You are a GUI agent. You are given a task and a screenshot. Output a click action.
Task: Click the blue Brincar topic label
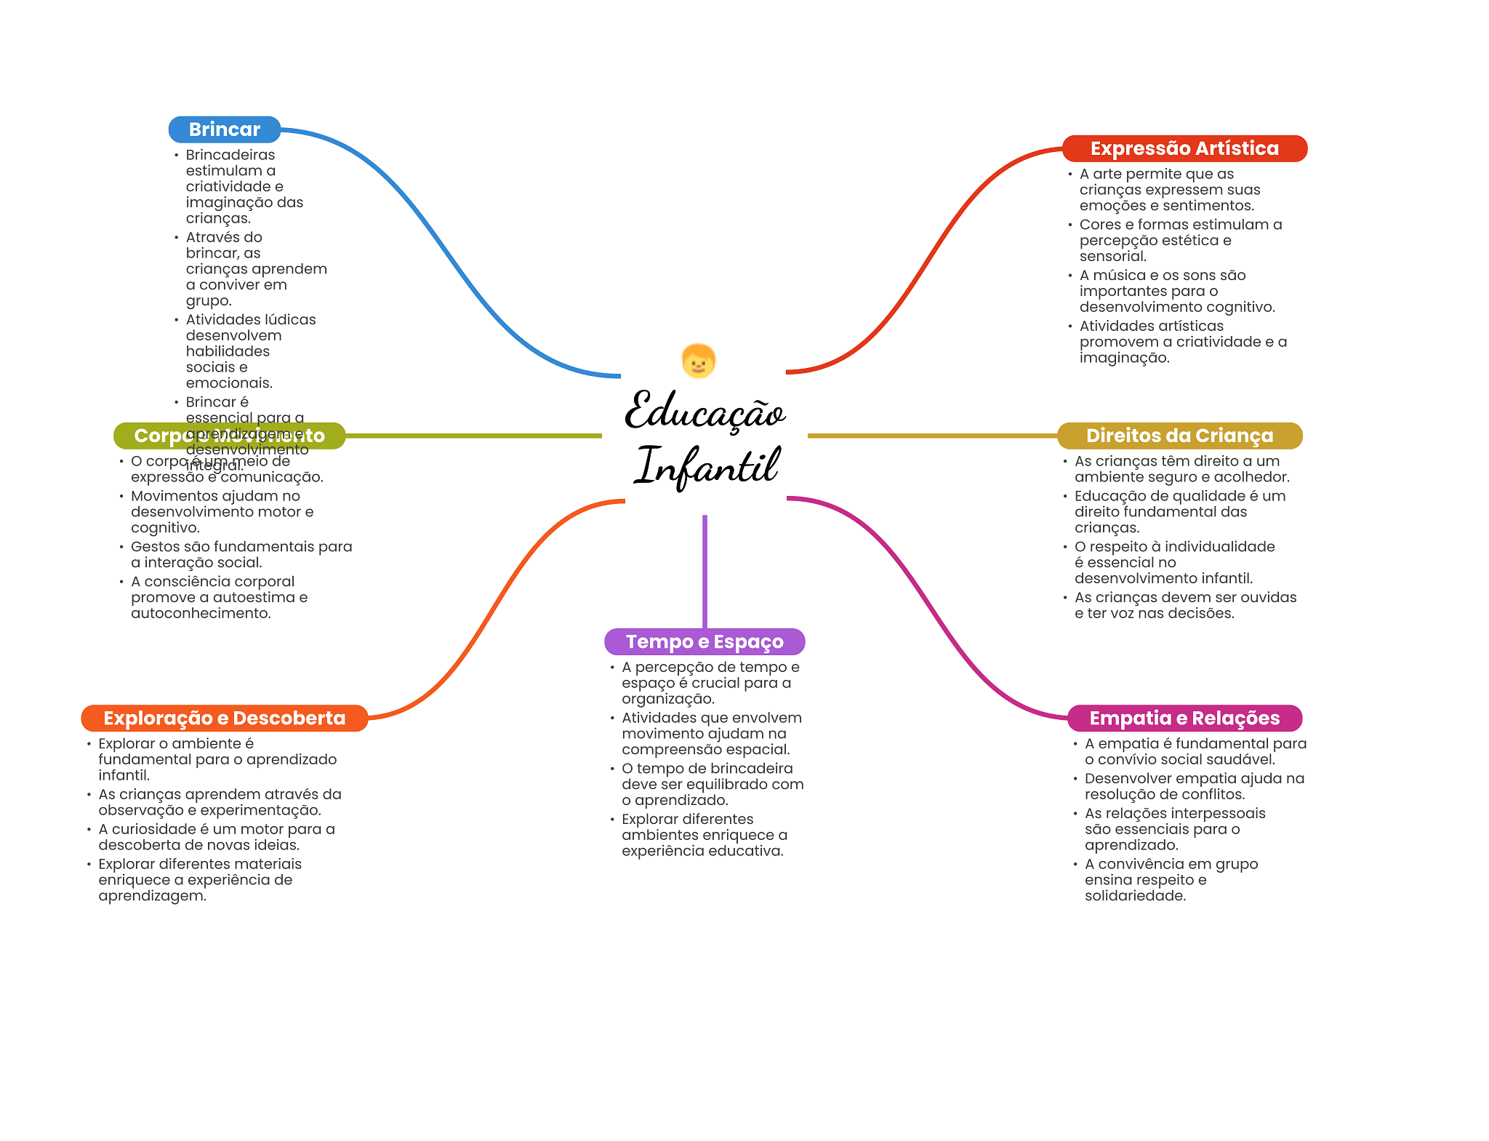[224, 129]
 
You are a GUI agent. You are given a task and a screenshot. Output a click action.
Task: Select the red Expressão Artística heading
[1184, 148]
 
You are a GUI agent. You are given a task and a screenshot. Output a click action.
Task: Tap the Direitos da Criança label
[1179, 436]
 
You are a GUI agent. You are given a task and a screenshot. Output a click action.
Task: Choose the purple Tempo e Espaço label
[705, 641]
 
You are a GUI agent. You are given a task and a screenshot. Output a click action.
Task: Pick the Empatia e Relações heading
[1184, 718]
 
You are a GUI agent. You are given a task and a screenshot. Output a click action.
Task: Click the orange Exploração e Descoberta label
[224, 718]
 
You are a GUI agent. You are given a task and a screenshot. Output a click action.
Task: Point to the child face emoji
[699, 361]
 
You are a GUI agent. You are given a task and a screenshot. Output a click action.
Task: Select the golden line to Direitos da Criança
[931, 436]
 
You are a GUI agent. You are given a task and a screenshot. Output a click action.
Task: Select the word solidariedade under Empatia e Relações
[1134, 896]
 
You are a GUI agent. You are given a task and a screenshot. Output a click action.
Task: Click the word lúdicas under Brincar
[290, 320]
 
